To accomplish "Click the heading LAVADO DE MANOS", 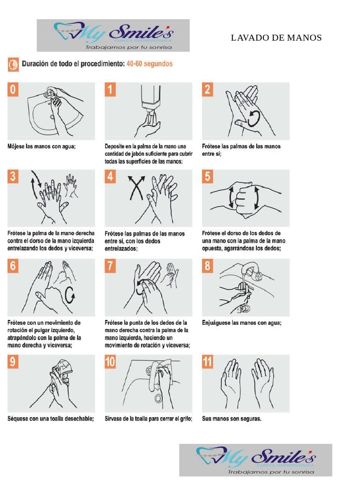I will [x=276, y=38].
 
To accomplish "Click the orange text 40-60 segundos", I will [x=149, y=64].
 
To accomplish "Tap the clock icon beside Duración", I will [x=13, y=64].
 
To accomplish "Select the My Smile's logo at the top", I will [x=113, y=35].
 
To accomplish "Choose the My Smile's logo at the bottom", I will [x=255, y=460].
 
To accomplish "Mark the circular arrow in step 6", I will [x=70, y=295].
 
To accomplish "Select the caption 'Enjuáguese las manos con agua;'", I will [x=245, y=322].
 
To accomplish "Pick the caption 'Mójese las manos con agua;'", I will [x=41, y=146].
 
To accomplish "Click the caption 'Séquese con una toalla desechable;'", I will [x=51, y=419].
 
